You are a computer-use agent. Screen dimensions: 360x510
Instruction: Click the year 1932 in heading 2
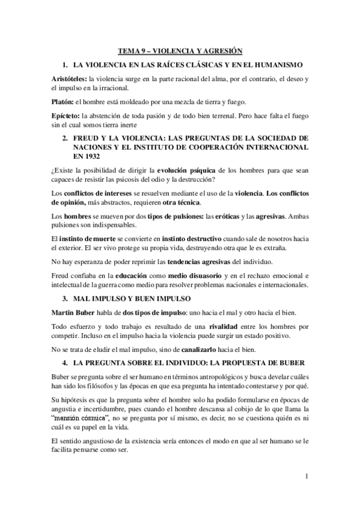pyautogui.click(x=90, y=155)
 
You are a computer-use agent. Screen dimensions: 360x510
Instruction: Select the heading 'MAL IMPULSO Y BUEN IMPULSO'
pyautogui.click(x=132, y=298)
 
